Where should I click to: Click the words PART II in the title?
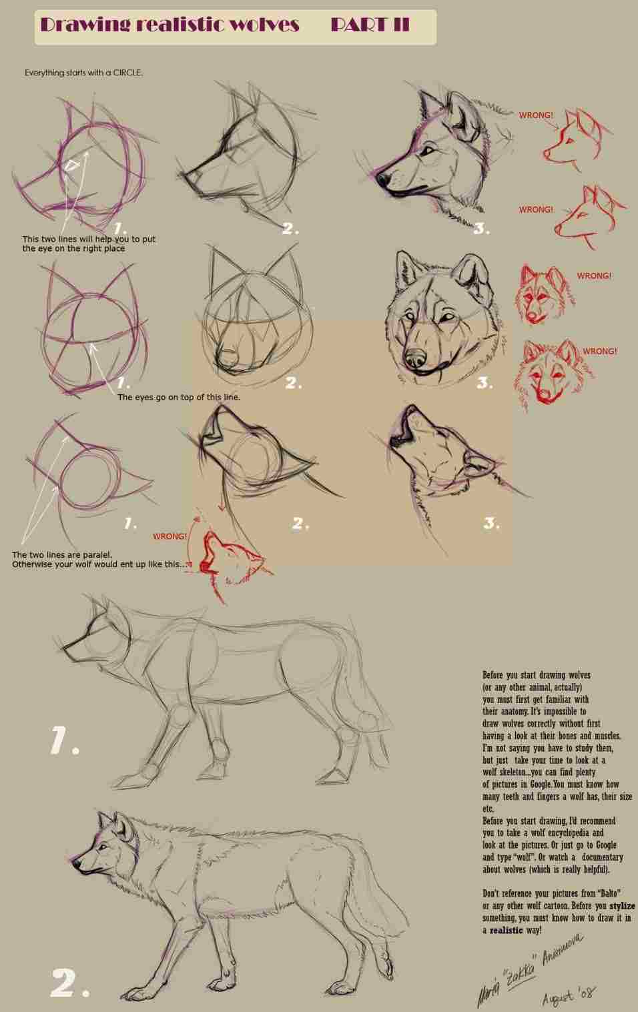pyautogui.click(x=370, y=25)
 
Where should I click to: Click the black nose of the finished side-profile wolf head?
pyautogui.click(x=382, y=179)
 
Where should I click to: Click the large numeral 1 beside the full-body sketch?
pyautogui.click(x=63, y=741)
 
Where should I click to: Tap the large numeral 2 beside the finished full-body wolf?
pyautogui.click(x=68, y=983)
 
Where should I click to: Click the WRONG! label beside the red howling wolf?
pyautogui.click(x=170, y=536)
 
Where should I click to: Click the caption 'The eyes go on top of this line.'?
pyautogui.click(x=179, y=397)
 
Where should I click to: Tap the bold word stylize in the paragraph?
pyautogui.click(x=622, y=906)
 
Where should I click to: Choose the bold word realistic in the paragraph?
pyautogui.click(x=506, y=930)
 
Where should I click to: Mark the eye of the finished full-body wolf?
pyautogui.click(x=101, y=848)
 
